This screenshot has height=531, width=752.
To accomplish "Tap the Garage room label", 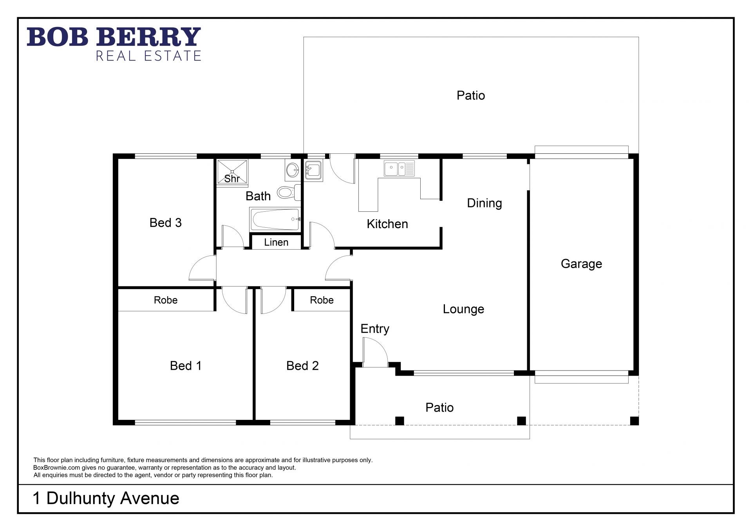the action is (x=581, y=264).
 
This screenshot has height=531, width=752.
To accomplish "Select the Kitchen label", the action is (x=387, y=224).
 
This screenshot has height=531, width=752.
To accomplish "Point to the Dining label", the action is (x=484, y=203).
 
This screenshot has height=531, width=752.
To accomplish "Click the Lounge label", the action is (x=463, y=309).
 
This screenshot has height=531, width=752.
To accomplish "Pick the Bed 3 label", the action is (x=166, y=223).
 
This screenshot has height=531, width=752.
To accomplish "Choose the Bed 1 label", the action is (x=186, y=365).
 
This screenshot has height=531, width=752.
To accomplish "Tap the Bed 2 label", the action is (x=302, y=365).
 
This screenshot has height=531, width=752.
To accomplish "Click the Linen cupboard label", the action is (x=276, y=242).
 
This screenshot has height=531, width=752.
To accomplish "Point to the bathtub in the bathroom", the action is (x=275, y=220).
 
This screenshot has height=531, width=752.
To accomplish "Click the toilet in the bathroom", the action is (x=289, y=192).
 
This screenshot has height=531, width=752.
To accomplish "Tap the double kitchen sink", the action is (x=399, y=169).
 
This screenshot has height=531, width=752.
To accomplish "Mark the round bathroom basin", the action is (x=292, y=170).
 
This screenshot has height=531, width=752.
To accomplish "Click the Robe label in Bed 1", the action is (x=166, y=300).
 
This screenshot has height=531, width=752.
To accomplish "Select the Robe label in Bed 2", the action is (x=322, y=300).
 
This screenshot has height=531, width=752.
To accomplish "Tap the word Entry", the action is (x=375, y=329).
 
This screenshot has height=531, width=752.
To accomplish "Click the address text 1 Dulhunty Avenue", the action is (x=106, y=498).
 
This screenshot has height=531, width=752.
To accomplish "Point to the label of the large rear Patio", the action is (x=471, y=95).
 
